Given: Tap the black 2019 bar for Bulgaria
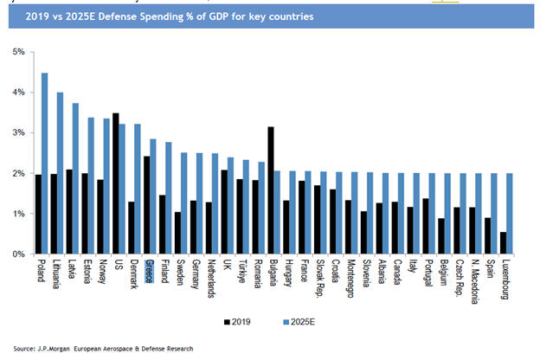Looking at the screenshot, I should point(271,190).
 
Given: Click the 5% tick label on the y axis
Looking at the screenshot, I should point(18,51).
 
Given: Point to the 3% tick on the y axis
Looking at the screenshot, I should point(18,132).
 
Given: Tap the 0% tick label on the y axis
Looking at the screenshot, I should point(18,254).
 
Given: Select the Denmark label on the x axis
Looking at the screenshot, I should point(134,274).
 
